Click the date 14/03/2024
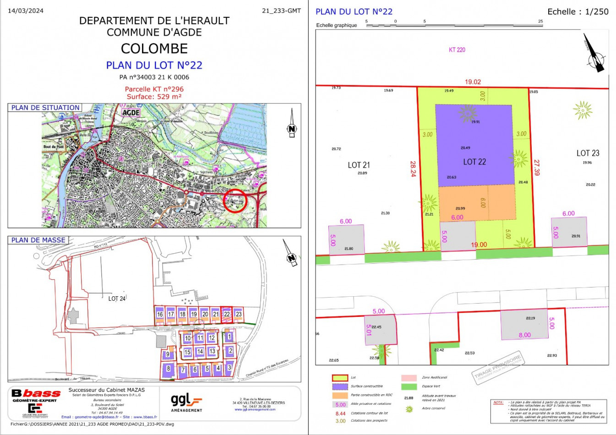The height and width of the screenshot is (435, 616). (x=26, y=11)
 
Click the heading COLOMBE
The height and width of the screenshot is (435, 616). (x=154, y=49)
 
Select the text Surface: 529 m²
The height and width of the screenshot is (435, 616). (x=154, y=97)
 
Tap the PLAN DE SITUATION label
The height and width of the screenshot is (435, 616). (x=45, y=108)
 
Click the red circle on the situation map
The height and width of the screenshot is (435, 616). (x=235, y=201)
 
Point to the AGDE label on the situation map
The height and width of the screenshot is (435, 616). (x=131, y=112)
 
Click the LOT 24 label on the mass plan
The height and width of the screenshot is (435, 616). (x=117, y=299)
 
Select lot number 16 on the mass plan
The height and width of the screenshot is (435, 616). (x=160, y=315)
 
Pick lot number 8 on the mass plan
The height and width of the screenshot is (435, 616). (x=169, y=369)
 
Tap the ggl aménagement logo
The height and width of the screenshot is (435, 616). (x=186, y=402)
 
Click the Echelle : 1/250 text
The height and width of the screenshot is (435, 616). (x=578, y=12)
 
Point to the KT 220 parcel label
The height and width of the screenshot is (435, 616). (x=457, y=50)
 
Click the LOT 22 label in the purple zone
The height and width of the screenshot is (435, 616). (x=474, y=162)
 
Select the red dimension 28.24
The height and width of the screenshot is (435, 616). (x=413, y=169)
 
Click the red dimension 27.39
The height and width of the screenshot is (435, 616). (x=536, y=167)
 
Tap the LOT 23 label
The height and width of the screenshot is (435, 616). (x=588, y=153)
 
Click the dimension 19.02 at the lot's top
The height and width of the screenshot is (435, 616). (x=473, y=82)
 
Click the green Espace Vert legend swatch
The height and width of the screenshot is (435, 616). (x=409, y=386)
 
